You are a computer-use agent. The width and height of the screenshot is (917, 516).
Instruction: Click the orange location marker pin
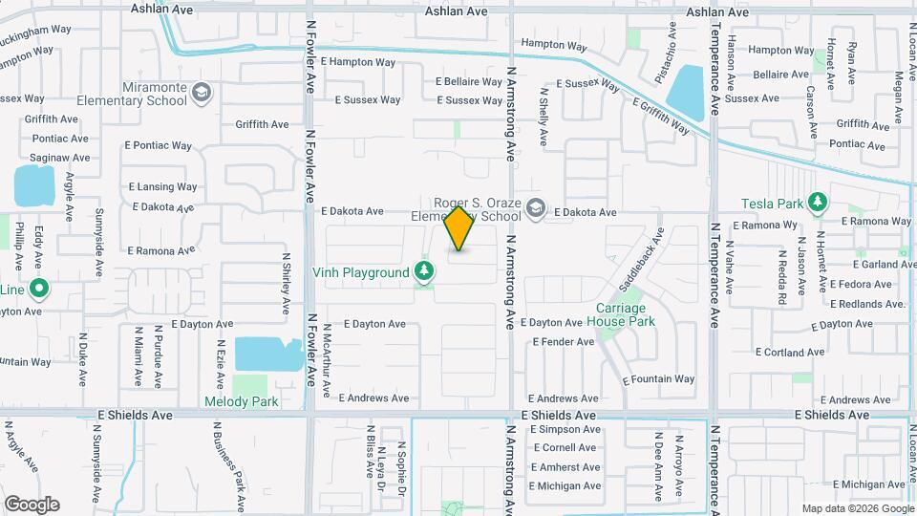point(459,227)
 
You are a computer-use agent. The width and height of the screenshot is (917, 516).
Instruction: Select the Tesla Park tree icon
point(817,203)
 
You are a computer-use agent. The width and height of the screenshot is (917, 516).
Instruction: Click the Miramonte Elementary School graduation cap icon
point(202,93)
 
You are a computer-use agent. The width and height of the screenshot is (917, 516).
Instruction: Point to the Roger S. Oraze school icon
point(538,207)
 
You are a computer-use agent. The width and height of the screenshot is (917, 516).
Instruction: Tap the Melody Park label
point(242,401)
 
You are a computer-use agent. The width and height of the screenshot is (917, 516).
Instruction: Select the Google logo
point(32,504)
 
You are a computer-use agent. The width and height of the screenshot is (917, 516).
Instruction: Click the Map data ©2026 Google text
point(857,508)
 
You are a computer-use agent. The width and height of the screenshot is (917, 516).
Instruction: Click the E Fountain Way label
point(659,379)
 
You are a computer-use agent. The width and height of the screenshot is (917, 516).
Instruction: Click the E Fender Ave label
point(564,341)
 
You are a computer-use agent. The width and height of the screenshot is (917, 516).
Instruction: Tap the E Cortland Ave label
point(780,353)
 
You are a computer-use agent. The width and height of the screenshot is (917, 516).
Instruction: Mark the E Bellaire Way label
point(469,82)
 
